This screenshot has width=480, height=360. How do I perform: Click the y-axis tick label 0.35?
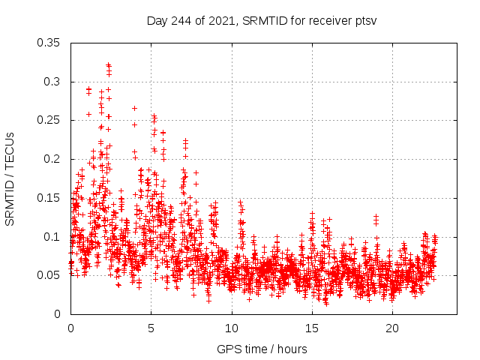click(49, 43)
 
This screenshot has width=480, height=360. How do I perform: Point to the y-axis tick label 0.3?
click(52, 82)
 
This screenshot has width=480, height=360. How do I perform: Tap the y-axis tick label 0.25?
click(49, 120)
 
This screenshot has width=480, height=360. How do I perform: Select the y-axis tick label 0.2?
click(52, 159)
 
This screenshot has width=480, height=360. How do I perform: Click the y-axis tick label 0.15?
click(49, 198)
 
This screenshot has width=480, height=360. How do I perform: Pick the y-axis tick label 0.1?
click(52, 236)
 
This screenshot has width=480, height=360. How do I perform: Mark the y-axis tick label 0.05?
click(49, 275)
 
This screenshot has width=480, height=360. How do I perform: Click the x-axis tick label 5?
click(151, 328)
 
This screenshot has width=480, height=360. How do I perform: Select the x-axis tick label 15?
click(311, 328)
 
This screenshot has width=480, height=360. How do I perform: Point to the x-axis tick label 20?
click(391, 328)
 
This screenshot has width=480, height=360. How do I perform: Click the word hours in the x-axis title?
click(291, 349)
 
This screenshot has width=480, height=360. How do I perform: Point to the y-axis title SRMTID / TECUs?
click(10, 178)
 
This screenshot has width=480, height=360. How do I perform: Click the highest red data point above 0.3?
click(108, 65)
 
